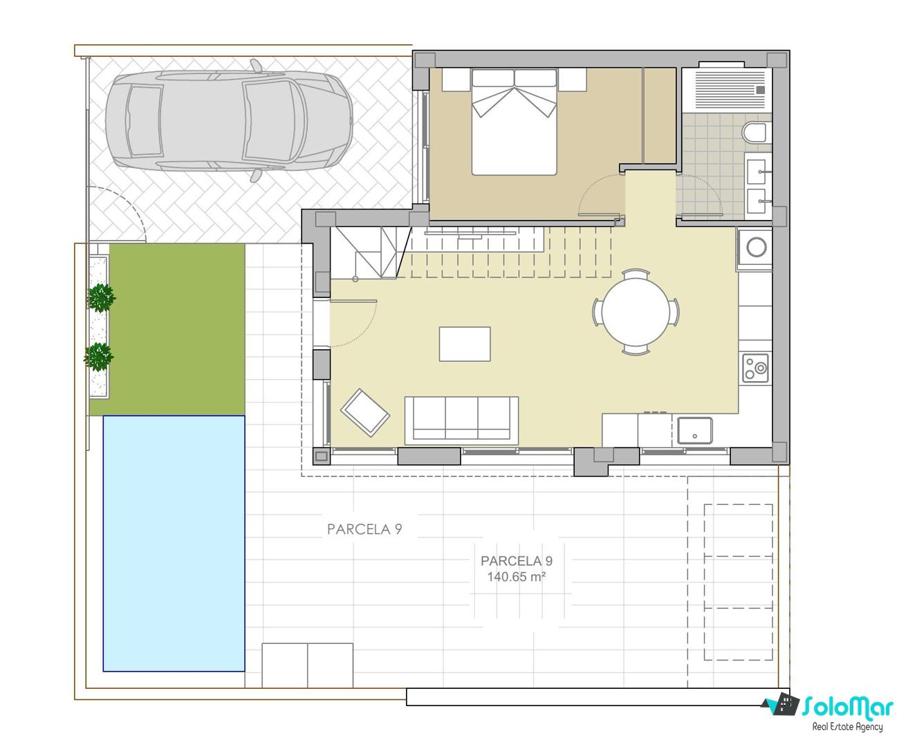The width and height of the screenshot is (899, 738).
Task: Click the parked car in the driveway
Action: click(x=229, y=120)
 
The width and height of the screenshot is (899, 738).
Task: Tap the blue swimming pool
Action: click(x=174, y=543)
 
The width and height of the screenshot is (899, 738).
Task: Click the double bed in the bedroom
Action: click(x=514, y=122)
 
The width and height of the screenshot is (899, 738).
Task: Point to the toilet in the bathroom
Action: click(x=757, y=133)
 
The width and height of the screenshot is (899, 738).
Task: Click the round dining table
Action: click(x=636, y=312)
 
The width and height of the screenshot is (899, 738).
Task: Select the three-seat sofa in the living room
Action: click(x=461, y=418)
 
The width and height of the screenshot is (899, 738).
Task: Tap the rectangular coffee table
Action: click(x=465, y=344)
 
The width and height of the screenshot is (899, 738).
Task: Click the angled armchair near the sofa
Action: click(x=365, y=412)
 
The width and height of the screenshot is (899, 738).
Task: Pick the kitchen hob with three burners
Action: click(x=756, y=367)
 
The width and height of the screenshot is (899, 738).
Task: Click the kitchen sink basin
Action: click(x=694, y=431)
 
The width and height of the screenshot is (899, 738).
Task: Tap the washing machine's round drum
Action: click(x=757, y=247)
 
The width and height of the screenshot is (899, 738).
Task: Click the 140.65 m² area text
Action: click(x=516, y=577)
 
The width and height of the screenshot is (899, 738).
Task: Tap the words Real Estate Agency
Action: click(x=847, y=726)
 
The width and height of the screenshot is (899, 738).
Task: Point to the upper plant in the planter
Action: click(x=101, y=297)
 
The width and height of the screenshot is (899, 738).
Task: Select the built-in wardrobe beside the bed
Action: click(x=659, y=115)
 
